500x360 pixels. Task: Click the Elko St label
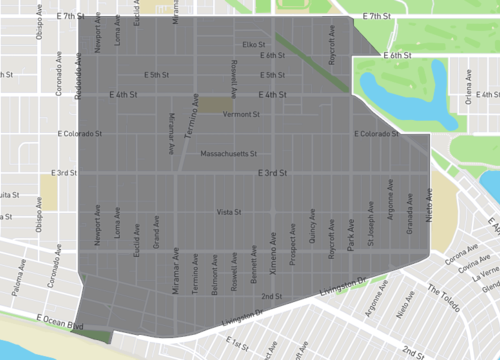(x=254, y=44)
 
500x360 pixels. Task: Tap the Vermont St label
(x=241, y=114)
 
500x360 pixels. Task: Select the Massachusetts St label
(x=229, y=154)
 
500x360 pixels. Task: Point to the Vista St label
(x=230, y=212)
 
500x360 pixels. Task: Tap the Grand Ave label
(x=156, y=237)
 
